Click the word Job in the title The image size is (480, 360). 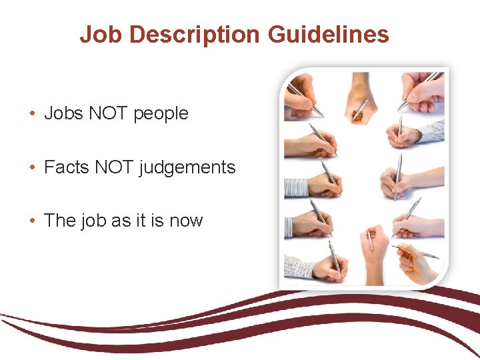(96, 34)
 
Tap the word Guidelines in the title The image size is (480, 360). (329, 34)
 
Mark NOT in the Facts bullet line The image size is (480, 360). (113, 167)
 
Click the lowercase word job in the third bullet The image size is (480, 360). (89, 221)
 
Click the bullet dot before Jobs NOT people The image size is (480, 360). (33, 114)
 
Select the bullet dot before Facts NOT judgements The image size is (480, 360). (33, 167)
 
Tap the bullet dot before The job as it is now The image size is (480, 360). (33, 221)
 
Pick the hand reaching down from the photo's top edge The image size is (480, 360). (361, 90)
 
